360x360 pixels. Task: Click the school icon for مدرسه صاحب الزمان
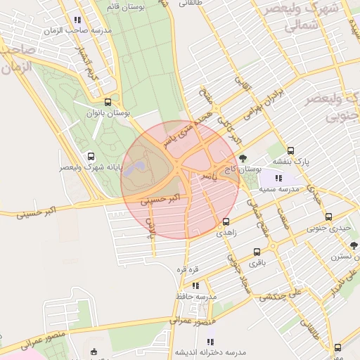[x=77, y=20]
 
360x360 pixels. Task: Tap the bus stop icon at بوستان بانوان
[x=107, y=101]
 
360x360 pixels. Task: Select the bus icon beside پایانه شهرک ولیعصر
[x=89, y=156]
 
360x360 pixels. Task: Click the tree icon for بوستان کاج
[x=243, y=158]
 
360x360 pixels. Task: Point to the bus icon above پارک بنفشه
[x=290, y=150]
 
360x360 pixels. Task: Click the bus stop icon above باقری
[x=257, y=251]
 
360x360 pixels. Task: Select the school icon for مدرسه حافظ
[x=195, y=285]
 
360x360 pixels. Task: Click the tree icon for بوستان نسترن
[x=354, y=245]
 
